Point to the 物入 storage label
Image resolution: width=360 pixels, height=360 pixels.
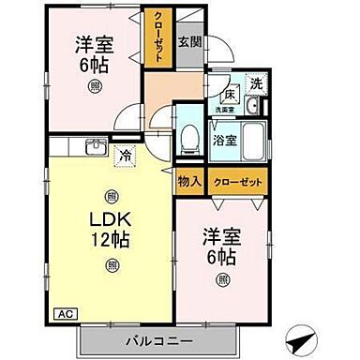(188, 181)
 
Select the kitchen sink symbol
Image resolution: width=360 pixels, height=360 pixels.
(95, 148)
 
